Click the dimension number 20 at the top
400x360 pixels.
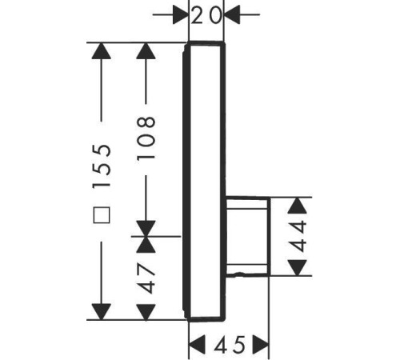click(x=206, y=15)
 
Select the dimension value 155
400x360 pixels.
click(x=102, y=166)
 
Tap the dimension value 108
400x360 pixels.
click(x=146, y=138)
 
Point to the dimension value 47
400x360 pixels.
click(x=146, y=278)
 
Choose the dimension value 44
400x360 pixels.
click(x=298, y=236)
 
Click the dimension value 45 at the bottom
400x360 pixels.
click(x=230, y=345)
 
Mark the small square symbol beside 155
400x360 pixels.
click(x=102, y=215)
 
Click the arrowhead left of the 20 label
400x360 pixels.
click(x=181, y=14)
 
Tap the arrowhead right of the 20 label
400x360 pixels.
click(x=232, y=14)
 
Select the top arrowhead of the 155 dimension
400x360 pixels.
click(x=102, y=51)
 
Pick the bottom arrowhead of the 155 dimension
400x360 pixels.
click(x=102, y=312)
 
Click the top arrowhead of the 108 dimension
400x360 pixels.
click(x=146, y=51)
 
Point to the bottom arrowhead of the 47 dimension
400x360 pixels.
click(x=146, y=312)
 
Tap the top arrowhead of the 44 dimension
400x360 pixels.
click(x=298, y=206)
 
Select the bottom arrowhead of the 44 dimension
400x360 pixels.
click(x=298, y=268)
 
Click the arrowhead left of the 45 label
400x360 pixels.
click(x=197, y=345)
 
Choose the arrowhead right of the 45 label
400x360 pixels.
click(x=261, y=345)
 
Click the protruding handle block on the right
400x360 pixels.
click(x=248, y=236)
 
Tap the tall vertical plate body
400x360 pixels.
click(x=205, y=182)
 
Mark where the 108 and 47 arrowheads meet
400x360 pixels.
click(x=146, y=236)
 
